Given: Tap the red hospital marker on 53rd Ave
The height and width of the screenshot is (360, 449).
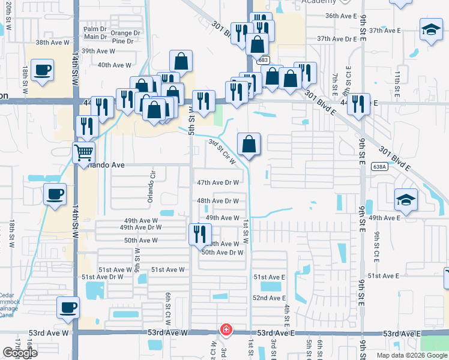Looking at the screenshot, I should click(x=226, y=329).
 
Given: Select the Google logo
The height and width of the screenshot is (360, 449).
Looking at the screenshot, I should click(x=20, y=353).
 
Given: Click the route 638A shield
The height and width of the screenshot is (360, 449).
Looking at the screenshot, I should click(x=379, y=167).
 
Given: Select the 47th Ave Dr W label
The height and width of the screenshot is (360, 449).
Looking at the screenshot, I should click(x=218, y=182).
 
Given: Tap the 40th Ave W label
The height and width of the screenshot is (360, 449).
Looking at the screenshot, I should click(x=114, y=65).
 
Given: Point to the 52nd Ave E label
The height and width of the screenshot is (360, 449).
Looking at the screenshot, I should click(x=268, y=298).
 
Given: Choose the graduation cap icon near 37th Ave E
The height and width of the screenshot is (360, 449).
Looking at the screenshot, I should click(x=430, y=31).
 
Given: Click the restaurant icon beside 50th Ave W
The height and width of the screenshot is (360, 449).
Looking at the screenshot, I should click(x=200, y=233).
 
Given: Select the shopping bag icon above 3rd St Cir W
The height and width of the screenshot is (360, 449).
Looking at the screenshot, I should click(x=249, y=145).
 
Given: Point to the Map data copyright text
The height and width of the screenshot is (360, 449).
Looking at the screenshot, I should click(x=412, y=355).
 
